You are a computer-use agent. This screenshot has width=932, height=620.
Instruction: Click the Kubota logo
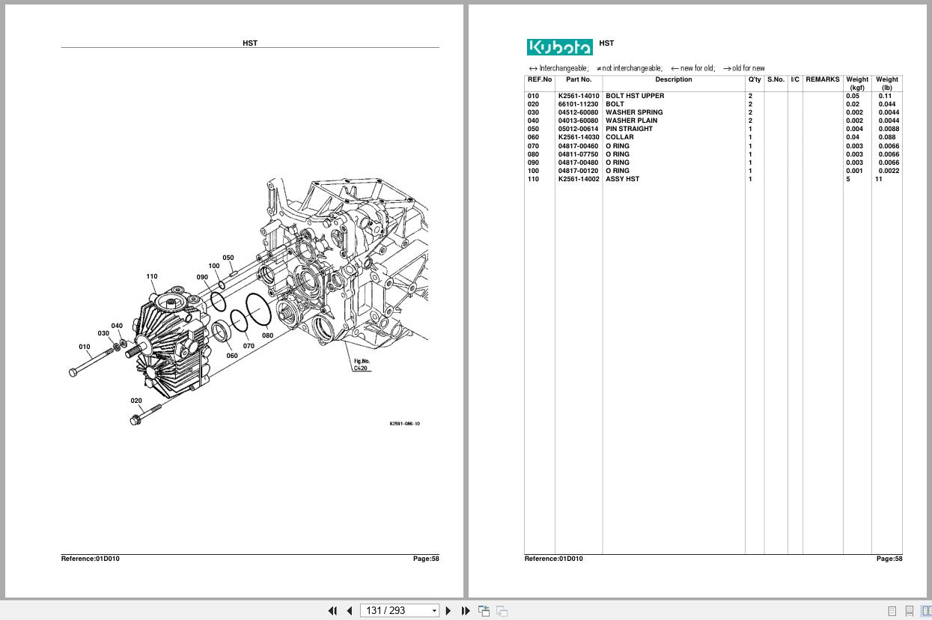pyautogui.click(x=559, y=47)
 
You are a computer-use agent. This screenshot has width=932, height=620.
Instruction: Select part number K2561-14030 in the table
pyautogui.click(x=578, y=137)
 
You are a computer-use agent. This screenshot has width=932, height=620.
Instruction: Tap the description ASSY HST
pyautogui.click(x=622, y=179)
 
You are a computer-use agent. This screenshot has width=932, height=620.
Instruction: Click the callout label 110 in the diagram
pyautogui.click(x=152, y=276)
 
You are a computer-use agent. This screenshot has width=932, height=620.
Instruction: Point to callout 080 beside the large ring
pyautogui.click(x=267, y=335)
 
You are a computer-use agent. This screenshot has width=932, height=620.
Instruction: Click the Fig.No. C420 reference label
pyautogui.click(x=362, y=365)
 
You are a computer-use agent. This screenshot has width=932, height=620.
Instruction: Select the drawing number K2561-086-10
pyautogui.click(x=404, y=424)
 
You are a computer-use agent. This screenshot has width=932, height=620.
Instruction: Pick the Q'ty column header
pyautogui.click(x=754, y=79)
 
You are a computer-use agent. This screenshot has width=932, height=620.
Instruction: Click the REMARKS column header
pyautogui.click(x=822, y=79)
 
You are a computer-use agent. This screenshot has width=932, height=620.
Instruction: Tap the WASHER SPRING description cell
pyautogui.click(x=634, y=112)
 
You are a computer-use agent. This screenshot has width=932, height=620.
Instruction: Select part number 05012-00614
pyautogui.click(x=578, y=129)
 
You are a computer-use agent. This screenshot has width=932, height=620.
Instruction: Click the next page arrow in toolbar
pyautogui.click(x=448, y=611)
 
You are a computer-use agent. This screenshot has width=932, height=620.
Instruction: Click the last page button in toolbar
pyautogui.click(x=465, y=611)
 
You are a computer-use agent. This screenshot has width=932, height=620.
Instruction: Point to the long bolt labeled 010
pyautogui.click(x=90, y=362)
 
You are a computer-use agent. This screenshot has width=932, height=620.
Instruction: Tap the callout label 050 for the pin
pyautogui.click(x=228, y=258)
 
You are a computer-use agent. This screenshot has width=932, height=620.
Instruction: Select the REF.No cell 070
pyautogui.click(x=533, y=146)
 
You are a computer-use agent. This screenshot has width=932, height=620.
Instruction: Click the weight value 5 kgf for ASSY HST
pyautogui.click(x=848, y=179)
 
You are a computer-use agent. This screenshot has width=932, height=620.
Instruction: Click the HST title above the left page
pyautogui.click(x=250, y=43)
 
